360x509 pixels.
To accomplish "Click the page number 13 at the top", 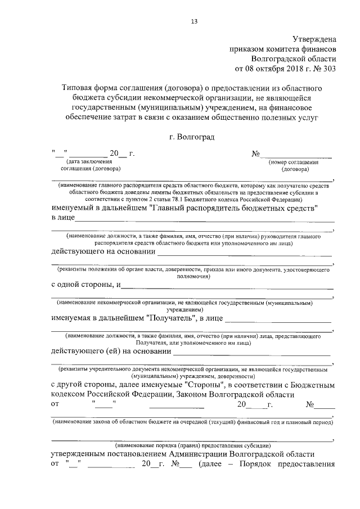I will click(194, 22).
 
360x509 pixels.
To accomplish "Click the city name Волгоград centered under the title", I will click(194, 136).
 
